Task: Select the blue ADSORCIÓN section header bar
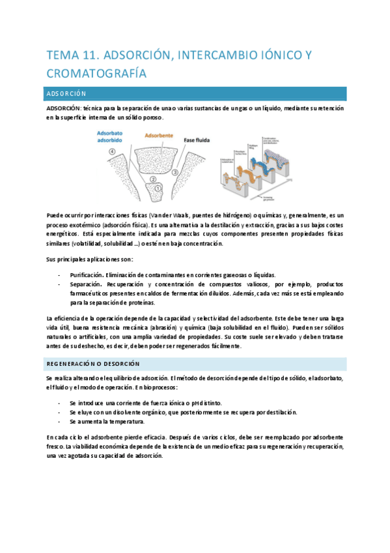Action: [195, 94]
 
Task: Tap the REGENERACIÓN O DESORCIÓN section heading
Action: [92, 364]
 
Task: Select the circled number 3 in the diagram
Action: [176, 172]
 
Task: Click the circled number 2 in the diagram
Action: [153, 178]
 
